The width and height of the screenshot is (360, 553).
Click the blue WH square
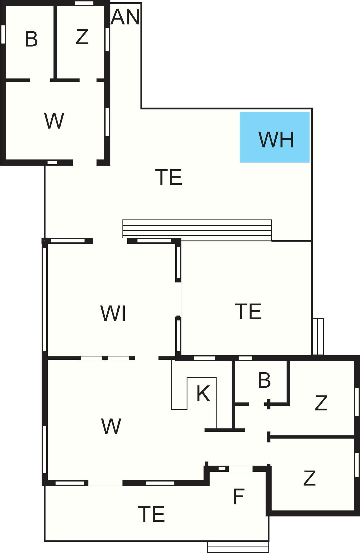[275, 137]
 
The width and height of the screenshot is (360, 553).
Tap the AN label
[125, 17]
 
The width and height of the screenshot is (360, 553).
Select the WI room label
[113, 313]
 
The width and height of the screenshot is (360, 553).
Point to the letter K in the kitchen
[203, 394]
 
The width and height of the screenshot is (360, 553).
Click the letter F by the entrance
[239, 497]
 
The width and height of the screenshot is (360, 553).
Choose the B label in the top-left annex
[31, 39]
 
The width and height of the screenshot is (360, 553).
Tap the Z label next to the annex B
[82, 37]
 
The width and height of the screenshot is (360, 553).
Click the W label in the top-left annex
[54, 121]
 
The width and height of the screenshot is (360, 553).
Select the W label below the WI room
[111, 426]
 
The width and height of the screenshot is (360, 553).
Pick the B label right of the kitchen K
[264, 380]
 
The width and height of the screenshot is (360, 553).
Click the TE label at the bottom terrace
[152, 514]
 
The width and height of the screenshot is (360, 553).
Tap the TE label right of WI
[248, 311]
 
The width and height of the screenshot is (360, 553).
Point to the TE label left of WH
[169, 177]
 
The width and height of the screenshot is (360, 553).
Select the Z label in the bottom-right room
[309, 478]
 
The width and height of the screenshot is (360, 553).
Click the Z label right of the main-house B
[321, 403]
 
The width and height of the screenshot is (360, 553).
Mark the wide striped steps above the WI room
[197, 230]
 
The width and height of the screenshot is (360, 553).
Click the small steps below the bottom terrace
[238, 547]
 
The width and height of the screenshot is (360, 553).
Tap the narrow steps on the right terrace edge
[318, 337]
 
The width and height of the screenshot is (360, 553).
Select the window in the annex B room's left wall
[3, 34]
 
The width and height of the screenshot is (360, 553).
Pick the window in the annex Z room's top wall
[84, 3]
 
